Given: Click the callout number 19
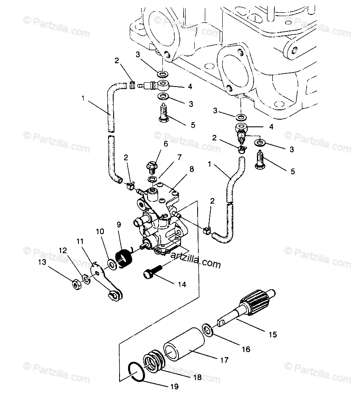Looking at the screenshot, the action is click(x=174, y=387).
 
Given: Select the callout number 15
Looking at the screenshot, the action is click(x=273, y=335).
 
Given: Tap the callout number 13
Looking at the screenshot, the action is click(x=42, y=262).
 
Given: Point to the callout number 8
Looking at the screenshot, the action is click(x=192, y=169).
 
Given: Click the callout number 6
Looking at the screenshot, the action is click(x=166, y=144).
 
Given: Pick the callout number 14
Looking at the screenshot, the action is click(x=181, y=284).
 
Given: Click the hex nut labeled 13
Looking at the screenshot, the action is click(x=76, y=285).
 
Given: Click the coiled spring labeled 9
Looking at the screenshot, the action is click(x=124, y=258).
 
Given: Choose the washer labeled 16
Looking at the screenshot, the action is click(x=208, y=330).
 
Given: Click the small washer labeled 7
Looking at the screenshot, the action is click(x=152, y=179).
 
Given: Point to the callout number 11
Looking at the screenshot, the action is click(x=80, y=241).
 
